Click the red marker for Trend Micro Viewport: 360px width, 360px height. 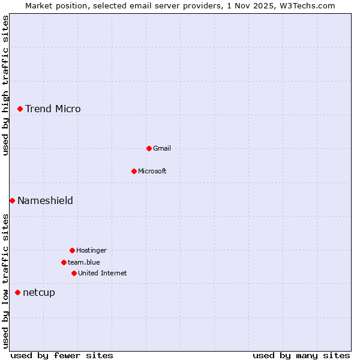pos(20,109)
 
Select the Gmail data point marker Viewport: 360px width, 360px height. pos(149,148)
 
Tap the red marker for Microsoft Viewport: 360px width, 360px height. pos(134,171)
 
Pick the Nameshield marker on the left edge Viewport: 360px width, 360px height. pos(12,200)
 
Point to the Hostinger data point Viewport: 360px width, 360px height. pos(72,250)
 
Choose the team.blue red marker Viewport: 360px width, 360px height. pos(64,262)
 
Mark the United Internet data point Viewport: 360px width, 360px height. pos(74,273)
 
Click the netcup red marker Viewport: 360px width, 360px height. pos(17,292)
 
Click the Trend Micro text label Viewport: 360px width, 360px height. pos(53,109)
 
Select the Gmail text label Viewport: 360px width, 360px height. pos(162,148)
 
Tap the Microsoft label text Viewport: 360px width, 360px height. pos(152,171)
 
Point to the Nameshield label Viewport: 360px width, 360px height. pos(45,200)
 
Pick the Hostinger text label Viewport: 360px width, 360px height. pos(91,250)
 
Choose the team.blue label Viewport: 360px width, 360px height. pos(84,262)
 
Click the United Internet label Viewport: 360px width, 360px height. pos(103,273)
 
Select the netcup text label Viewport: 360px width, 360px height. pos(39,292)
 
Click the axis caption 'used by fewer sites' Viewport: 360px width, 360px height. pos(62,355)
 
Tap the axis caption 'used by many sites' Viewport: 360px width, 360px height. pos(301,355)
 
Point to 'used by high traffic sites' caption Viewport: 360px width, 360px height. pos(5,85)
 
